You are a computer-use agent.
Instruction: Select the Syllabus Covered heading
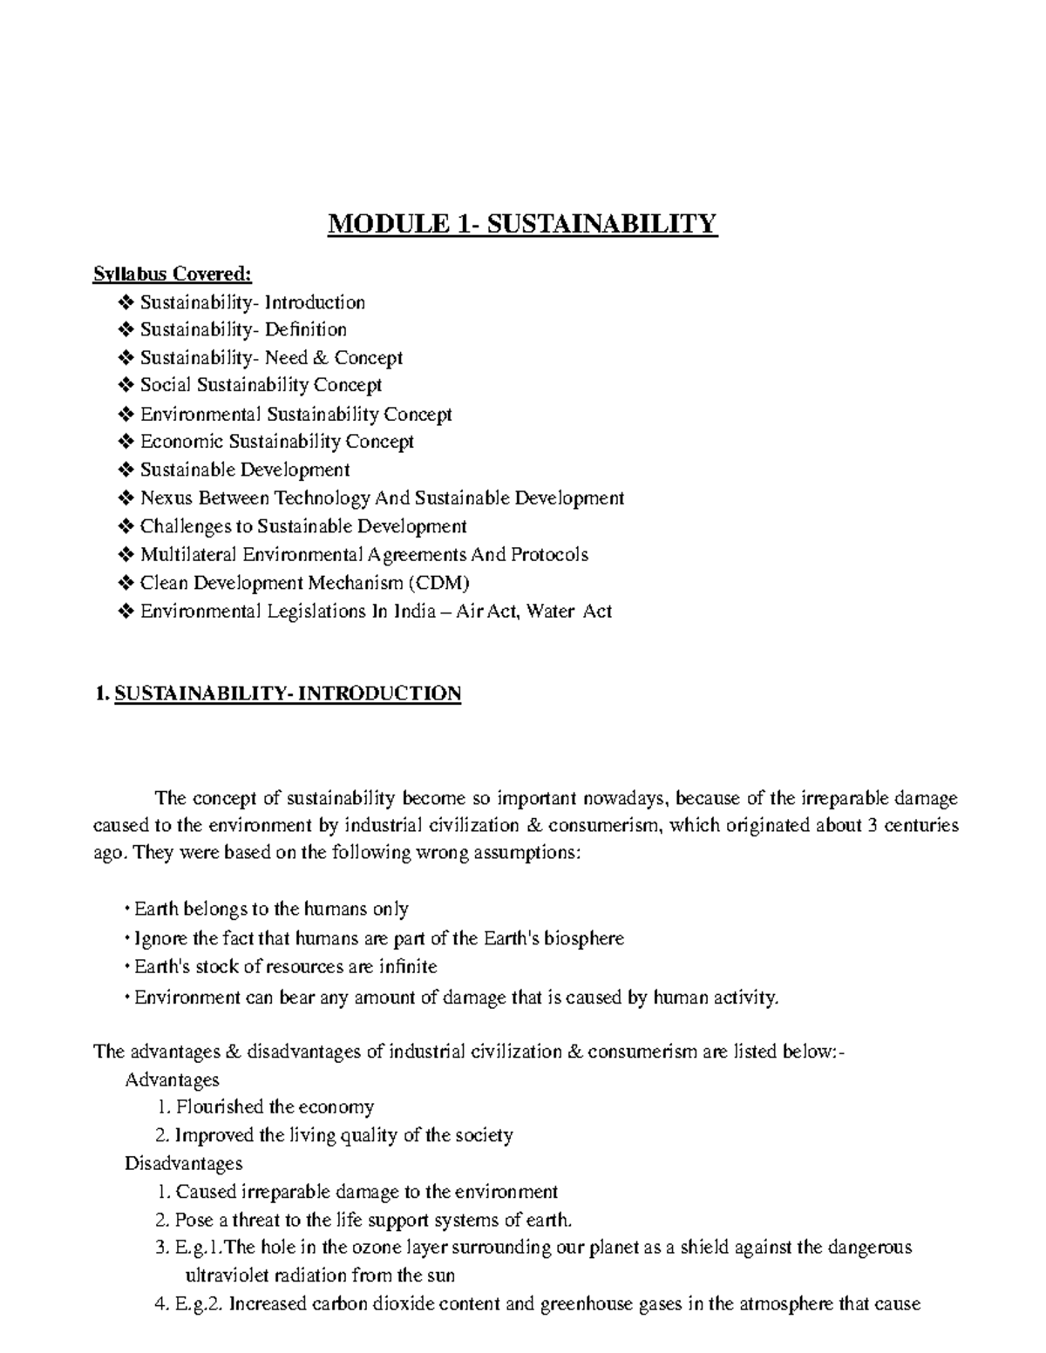[x=172, y=274]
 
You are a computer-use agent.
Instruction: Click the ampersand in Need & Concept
[x=321, y=358]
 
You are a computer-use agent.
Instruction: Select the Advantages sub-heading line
[x=172, y=1080]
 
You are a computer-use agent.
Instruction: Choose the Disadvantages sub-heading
[x=183, y=1164]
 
